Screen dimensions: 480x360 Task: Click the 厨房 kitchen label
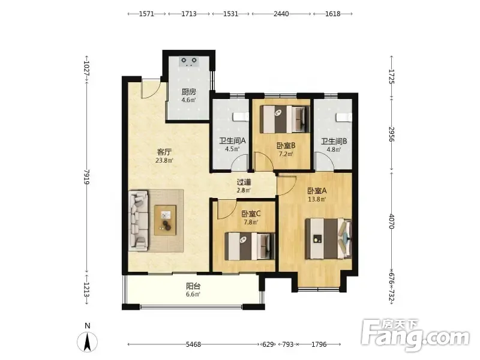tap(188, 92)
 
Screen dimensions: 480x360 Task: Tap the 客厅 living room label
tap(164, 152)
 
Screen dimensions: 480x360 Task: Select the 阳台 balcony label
tap(193, 286)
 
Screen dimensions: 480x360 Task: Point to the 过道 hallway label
tap(244, 182)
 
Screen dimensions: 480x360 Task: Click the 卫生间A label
tap(232, 141)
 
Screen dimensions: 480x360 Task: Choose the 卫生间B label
tap(334, 142)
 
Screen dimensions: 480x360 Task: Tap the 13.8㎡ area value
tap(317, 199)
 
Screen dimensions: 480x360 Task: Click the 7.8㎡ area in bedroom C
tap(251, 222)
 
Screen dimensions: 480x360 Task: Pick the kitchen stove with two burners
tap(189, 61)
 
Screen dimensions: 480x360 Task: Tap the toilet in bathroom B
tap(343, 117)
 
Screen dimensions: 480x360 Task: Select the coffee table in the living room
tap(166, 220)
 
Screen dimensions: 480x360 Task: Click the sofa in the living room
tap(138, 220)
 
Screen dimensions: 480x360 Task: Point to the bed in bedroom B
tap(284, 119)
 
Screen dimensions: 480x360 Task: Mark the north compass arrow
tap(87, 341)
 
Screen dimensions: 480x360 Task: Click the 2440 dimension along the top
tap(281, 14)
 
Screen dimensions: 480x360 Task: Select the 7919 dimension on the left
tap(86, 177)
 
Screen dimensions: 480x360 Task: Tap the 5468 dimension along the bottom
tap(193, 344)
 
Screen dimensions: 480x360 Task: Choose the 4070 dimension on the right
tap(392, 221)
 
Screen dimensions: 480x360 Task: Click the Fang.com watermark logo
tap(415, 335)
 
